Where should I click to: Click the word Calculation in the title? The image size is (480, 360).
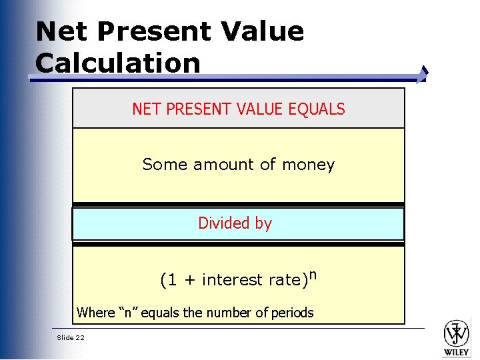pyautogui.click(x=118, y=63)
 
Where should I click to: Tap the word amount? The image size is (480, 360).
pyautogui.click(x=224, y=165)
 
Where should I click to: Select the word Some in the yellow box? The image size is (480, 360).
pyautogui.click(x=161, y=165)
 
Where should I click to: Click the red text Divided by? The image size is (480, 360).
pyautogui.click(x=235, y=223)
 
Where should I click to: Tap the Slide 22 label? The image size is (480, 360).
pyautogui.click(x=71, y=338)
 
